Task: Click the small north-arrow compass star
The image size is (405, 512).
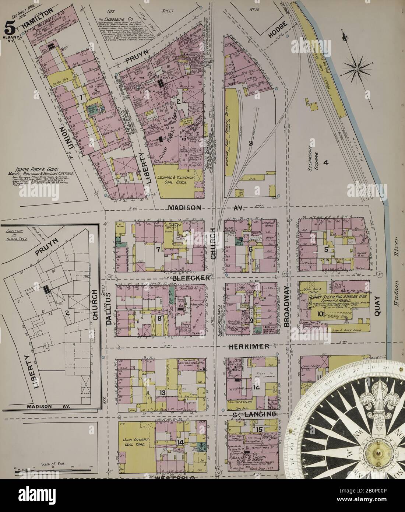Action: pos(356,68)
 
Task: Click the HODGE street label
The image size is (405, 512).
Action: pos(273,35)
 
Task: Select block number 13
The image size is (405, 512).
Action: pos(162,393)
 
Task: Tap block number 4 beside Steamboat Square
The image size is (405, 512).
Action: pos(325,162)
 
